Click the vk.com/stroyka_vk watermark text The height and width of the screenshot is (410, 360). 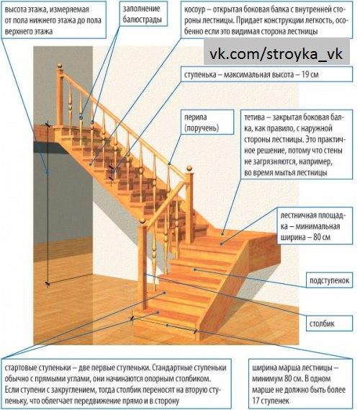pos(276,54)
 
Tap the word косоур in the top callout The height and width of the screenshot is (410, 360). pos(194,10)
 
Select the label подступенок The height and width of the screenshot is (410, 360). pos(329,280)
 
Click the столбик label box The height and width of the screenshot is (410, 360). pos(329,324)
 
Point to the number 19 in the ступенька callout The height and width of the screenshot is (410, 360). pos(305,74)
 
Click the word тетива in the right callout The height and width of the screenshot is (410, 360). pos(254,117)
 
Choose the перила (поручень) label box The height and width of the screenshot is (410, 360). pos(207,122)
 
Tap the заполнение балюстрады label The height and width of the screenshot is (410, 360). pos(143,14)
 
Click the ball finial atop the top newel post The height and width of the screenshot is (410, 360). pos(60,66)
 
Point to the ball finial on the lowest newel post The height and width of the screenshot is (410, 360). pos(142,220)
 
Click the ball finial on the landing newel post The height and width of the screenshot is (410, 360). pos(189,169)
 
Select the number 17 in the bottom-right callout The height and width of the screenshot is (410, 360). pos(256,401)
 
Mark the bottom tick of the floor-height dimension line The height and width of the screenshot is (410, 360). pos(48,283)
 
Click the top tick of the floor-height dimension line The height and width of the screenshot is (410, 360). pos(48,125)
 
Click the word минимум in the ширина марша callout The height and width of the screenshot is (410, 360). pos(266,378)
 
